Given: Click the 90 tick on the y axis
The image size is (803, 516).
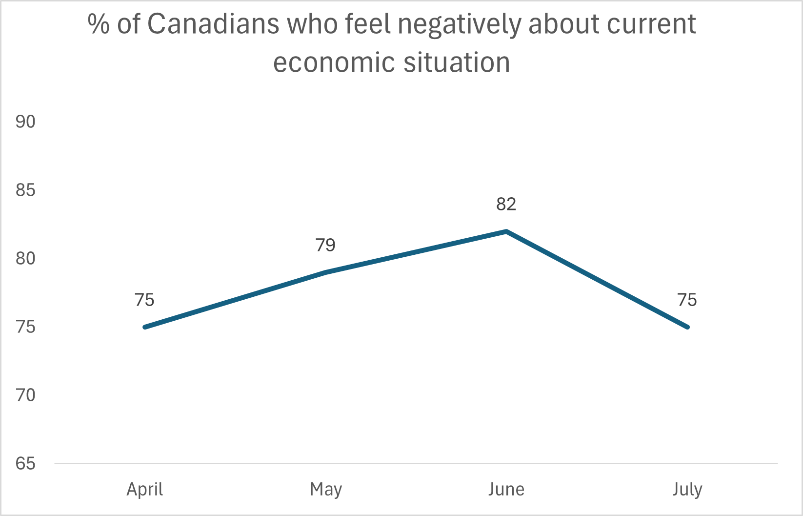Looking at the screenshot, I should coord(25,122).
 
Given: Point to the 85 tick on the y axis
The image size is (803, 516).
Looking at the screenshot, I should coord(25,190).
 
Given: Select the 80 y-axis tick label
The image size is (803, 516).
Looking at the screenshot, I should coord(25,258).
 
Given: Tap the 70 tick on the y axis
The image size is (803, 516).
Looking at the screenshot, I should coord(25,395).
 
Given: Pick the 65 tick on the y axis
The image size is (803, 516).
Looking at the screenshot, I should coord(25,463).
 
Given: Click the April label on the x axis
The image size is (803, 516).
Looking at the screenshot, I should coord(145,489).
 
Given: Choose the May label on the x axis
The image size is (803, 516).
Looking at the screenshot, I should coord(326,489).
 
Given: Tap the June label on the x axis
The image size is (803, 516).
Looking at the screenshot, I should coord(506,489).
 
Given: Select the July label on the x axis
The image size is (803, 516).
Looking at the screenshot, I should coord(687,489).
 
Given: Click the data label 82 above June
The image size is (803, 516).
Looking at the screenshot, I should coord(506,204).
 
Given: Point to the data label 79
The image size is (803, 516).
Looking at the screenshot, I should coord(325,245).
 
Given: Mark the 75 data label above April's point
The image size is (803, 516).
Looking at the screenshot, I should coord(144,300).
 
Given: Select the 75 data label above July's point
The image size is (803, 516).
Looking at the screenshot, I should coord(687,300).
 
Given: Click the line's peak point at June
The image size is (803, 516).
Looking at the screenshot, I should coord(506,231).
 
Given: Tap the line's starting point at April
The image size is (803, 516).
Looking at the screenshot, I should coord(145,327).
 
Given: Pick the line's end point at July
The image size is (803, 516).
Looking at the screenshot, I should coord(687,327).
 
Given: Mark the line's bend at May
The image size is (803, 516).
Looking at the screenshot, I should coord(326,272).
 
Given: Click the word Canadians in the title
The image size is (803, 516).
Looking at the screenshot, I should coord(213,24).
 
